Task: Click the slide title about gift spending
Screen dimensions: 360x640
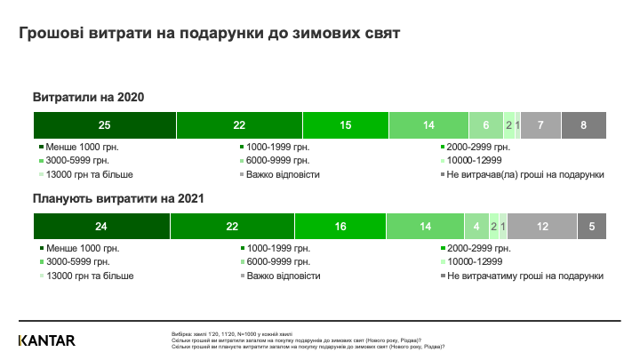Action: tap(210, 33)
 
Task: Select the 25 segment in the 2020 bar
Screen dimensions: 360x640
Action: tap(105, 125)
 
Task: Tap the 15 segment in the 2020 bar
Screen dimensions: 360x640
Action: tap(345, 125)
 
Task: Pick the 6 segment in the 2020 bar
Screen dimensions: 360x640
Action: tap(485, 125)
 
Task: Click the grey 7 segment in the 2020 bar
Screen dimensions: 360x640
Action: tap(540, 125)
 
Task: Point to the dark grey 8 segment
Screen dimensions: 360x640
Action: tap(583, 125)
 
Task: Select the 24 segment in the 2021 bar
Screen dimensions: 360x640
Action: tap(101, 227)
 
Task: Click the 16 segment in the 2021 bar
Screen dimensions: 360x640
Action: tap(340, 227)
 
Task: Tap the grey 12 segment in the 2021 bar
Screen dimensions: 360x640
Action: tap(543, 227)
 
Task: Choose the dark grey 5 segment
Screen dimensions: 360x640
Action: tap(592, 227)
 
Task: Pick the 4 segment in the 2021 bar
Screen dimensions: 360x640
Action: tap(476, 227)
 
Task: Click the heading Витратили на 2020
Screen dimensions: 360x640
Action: tap(88, 96)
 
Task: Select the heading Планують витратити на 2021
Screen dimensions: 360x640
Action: tap(119, 199)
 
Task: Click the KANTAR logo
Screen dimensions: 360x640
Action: tap(47, 340)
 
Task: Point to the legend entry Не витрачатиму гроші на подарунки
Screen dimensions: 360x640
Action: tap(524, 276)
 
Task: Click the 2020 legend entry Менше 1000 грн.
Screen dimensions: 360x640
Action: tap(82, 147)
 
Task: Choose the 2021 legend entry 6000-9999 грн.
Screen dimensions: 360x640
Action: tap(278, 262)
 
